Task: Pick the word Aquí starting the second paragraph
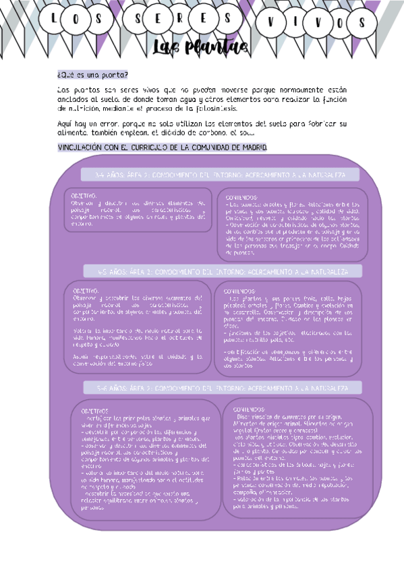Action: click(65, 124)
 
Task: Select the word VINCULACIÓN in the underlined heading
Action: click(81, 147)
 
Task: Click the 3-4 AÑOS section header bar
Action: click(222, 175)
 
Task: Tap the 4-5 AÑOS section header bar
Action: click(223, 272)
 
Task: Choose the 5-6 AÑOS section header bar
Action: click(223, 389)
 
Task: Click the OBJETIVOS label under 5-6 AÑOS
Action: click(94, 411)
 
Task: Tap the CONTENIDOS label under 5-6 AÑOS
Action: click(250, 409)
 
